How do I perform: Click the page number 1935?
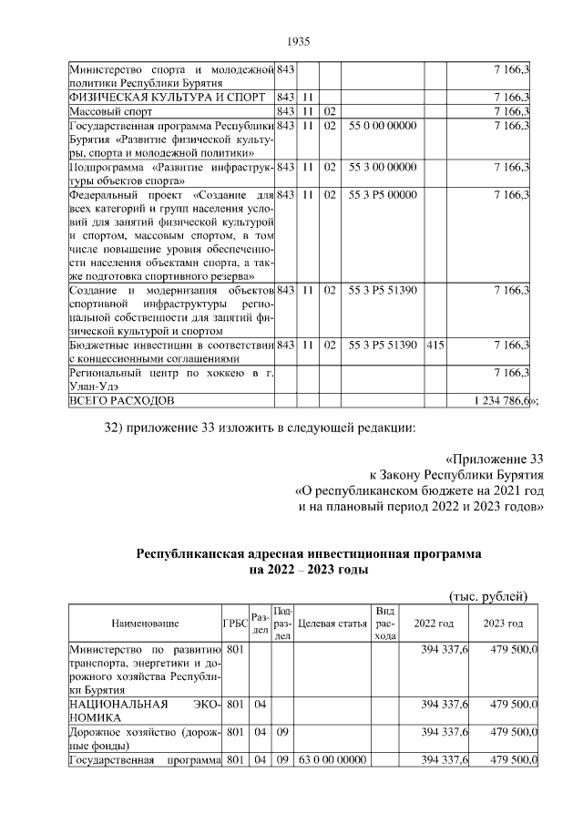299,41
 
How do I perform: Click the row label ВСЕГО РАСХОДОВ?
122,400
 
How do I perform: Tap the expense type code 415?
435,345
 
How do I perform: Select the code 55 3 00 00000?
383,168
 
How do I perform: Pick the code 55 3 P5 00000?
383,195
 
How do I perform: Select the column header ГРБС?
235,624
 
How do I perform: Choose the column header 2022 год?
434,624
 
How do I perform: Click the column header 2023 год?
503,624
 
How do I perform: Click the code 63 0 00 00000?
331,760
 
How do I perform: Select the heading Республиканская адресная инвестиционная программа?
309,553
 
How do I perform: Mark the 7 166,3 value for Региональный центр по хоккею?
512,373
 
